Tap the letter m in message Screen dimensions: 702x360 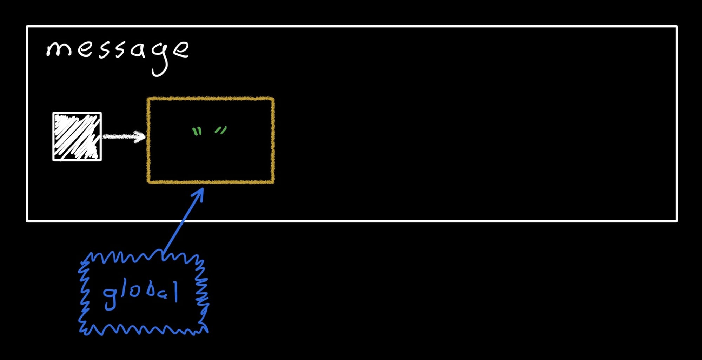[x=59, y=49]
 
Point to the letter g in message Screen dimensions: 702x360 [x=161, y=58]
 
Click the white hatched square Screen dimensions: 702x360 [x=77, y=136]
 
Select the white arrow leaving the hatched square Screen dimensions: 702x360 [x=124, y=136]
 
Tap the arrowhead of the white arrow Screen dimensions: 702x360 [x=141, y=136]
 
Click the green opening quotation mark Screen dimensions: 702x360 [x=197, y=132]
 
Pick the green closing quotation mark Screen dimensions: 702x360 [x=221, y=131]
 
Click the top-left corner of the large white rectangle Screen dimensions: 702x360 [x=27, y=27]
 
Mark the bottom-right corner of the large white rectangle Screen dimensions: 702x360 [x=677, y=221]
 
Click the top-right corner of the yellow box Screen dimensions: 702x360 [x=273, y=99]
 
